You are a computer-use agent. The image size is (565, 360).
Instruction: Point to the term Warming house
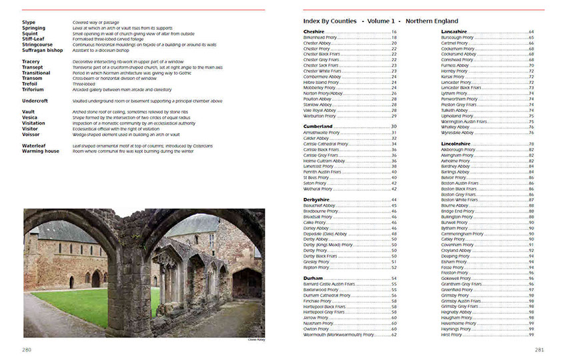[x=40, y=151]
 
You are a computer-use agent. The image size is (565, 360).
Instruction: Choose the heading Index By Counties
[x=330, y=21]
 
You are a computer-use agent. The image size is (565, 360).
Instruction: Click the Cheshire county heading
[x=314, y=31]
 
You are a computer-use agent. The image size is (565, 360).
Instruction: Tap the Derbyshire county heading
[x=317, y=199]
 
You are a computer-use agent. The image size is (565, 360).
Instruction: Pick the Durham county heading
[x=312, y=278]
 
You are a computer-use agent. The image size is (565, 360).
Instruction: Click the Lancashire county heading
[x=454, y=31]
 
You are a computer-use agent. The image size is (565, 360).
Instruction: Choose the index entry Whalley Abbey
[x=456, y=127]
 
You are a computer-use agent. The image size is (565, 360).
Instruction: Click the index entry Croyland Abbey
[x=457, y=251]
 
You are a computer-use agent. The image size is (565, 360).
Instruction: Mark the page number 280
[x=27, y=349]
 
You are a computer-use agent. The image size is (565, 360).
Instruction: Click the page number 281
[x=538, y=349]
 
